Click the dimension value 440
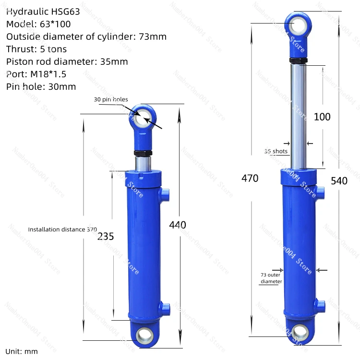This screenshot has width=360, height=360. click(x=178, y=225)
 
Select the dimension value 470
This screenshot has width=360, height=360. click(x=250, y=179)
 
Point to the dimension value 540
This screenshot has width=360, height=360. click(x=339, y=181)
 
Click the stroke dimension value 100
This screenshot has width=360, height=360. click(x=322, y=117)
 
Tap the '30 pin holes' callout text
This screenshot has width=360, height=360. click(x=111, y=99)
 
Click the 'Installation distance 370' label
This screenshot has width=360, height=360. click(x=62, y=229)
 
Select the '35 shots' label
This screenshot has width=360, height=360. click(x=276, y=151)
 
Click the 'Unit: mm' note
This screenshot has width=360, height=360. click(x=22, y=351)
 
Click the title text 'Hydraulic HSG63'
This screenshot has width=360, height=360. click(x=43, y=12)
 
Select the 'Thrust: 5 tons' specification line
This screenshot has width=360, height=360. click(x=36, y=49)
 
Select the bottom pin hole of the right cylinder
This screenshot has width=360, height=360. click(x=301, y=331)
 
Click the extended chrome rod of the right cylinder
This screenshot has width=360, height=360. click(x=299, y=115)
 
